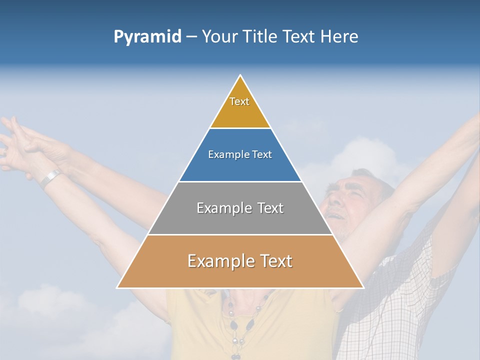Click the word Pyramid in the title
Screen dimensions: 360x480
[147, 37]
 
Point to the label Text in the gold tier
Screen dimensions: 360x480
[239, 101]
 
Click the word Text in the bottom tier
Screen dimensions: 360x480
[272, 261]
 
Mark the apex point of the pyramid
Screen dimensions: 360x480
[240, 75]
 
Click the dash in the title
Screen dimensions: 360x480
[191, 37]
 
